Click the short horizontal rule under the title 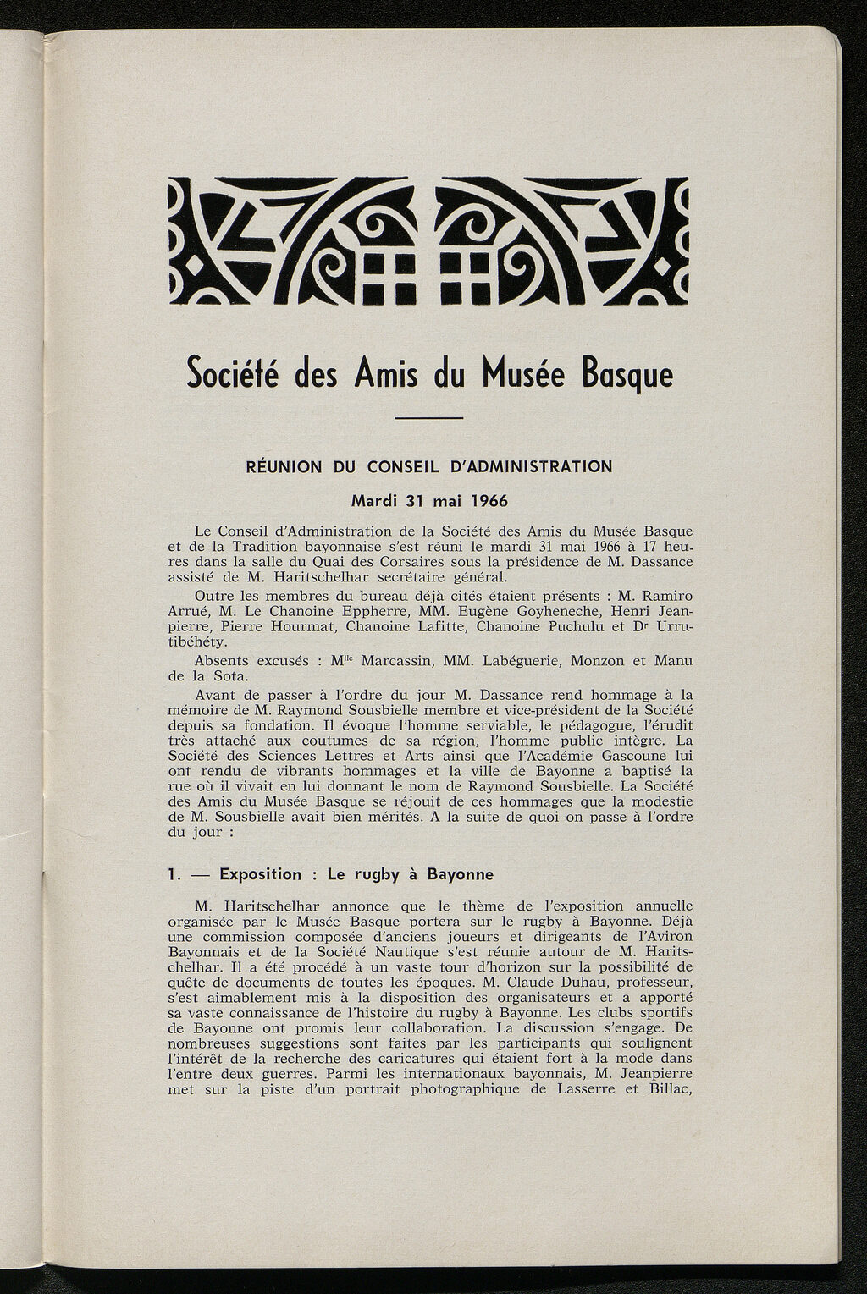coord(430,417)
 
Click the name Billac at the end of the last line coord(671,1090)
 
